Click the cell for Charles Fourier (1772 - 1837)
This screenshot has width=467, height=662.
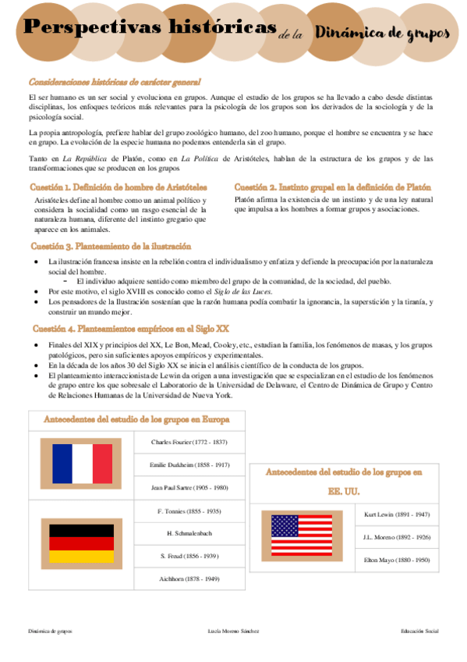[189, 442]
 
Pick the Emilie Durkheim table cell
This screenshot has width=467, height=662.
[189, 464]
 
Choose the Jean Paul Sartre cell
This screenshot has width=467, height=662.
[189, 487]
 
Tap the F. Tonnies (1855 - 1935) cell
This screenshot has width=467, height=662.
[189, 511]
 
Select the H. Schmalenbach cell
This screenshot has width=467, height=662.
[189, 533]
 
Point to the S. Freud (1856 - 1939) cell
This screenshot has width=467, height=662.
[189, 556]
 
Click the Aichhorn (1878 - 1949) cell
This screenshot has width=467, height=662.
[189, 578]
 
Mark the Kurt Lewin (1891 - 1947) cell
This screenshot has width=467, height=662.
[397, 515]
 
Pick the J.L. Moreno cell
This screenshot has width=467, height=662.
[397, 537]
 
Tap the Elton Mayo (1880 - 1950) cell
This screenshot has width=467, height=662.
[397, 560]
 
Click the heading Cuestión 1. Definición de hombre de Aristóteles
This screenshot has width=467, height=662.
[119, 188]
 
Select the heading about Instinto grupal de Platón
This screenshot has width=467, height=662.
[332, 188]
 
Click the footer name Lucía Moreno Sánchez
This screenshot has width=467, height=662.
[234, 630]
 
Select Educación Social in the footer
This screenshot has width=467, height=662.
[419, 630]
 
